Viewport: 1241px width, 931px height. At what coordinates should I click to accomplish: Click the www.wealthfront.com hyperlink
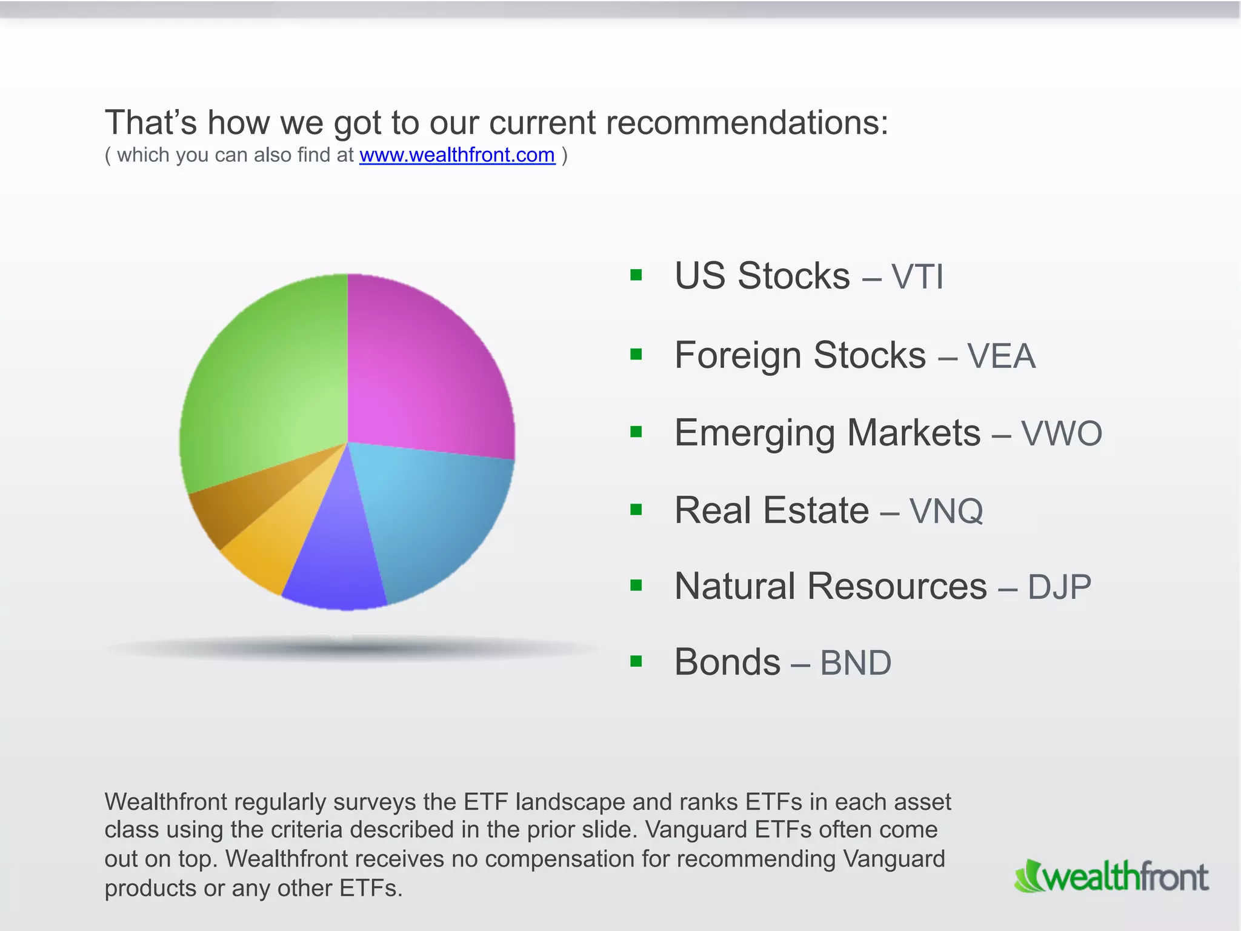tap(457, 155)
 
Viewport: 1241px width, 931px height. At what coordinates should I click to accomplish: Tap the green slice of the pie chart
tap(267, 382)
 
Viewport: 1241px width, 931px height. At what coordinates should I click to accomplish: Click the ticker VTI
tap(917, 277)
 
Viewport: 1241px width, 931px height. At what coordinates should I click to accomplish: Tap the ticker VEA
tap(1001, 356)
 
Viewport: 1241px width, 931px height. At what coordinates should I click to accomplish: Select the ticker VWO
tap(1061, 433)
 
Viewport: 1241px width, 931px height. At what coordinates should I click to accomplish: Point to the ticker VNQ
tap(946, 511)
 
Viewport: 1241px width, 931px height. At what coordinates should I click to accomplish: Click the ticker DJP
tap(1059, 587)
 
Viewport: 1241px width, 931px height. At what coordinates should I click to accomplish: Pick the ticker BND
tap(855, 662)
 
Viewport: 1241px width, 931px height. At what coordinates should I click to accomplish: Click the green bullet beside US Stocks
tap(636, 276)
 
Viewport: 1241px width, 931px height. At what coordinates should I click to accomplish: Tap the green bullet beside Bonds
tap(636, 661)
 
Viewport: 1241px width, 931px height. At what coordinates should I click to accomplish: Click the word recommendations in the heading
tap(747, 123)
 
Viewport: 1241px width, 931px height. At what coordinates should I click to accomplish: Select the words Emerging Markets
tap(827, 433)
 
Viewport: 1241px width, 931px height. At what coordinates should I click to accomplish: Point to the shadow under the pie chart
tap(351, 649)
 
